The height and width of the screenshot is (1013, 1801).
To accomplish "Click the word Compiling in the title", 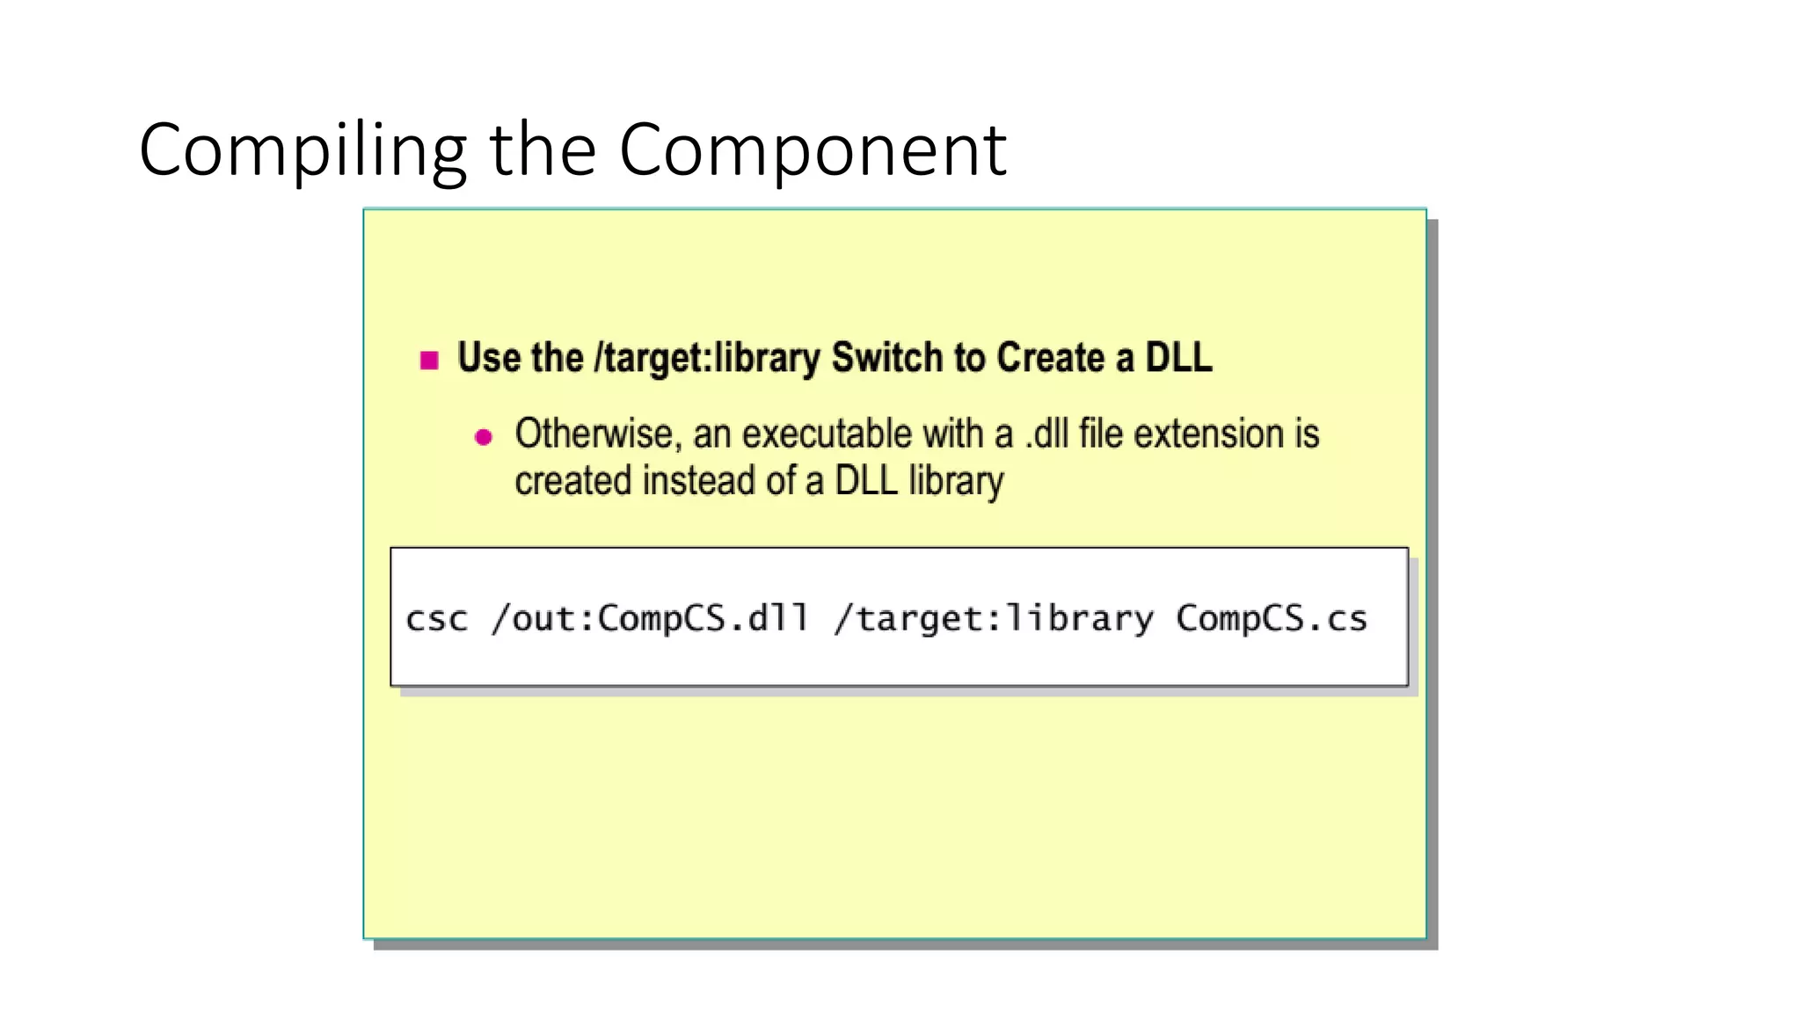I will [x=303, y=151].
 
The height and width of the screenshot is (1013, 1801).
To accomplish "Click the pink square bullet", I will [x=429, y=360].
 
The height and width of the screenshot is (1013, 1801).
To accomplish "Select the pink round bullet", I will [x=484, y=437].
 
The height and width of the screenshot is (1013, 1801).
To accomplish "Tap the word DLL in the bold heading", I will [x=1178, y=358].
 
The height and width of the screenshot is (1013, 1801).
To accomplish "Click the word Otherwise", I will [x=594, y=434].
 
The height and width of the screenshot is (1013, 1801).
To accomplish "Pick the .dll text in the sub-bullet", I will [x=1046, y=434].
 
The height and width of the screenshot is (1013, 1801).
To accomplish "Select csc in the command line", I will [x=436, y=619].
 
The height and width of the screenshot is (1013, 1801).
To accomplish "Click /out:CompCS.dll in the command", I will [x=650, y=618].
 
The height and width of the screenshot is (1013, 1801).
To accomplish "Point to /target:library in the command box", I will [x=994, y=619].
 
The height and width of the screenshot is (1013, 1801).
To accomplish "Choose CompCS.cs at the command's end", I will [x=1272, y=619].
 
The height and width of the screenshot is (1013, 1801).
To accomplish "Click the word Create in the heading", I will [x=1050, y=358].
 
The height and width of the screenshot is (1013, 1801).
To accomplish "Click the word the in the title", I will [x=543, y=151].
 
